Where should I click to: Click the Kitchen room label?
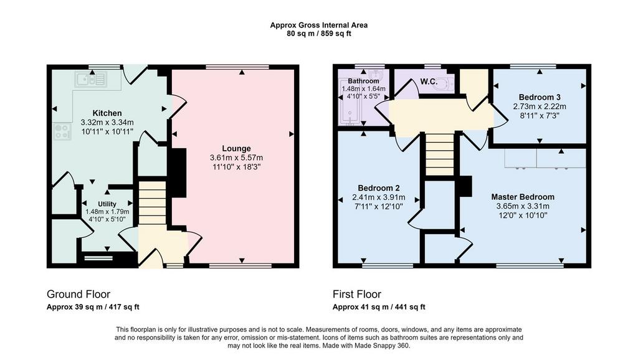point(107,113)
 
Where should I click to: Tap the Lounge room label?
point(236,148)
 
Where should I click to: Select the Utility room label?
point(107,204)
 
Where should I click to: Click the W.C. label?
point(429,82)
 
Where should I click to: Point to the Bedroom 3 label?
point(540,97)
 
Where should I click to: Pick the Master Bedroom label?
point(523,197)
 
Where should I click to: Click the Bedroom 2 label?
point(379,188)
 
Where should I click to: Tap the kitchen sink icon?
point(91,80)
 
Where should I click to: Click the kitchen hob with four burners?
point(62,131)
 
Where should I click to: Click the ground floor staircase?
point(153,203)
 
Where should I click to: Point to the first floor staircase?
point(439,154)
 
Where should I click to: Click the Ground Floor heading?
point(79,294)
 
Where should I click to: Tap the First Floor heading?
point(357,294)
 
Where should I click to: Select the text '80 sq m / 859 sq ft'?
point(319,34)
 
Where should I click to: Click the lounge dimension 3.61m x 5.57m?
point(236,158)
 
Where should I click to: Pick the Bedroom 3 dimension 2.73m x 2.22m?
point(540,107)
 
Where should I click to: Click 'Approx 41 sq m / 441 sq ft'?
point(379,307)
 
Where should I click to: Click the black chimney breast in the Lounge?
point(178,173)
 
